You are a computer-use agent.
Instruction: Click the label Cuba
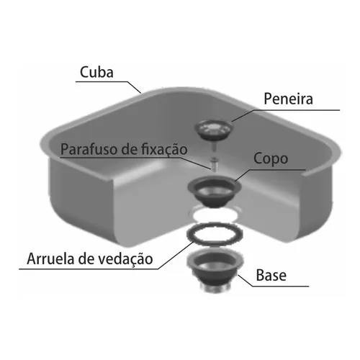coord(96,72)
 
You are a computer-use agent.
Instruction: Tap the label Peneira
coord(288,99)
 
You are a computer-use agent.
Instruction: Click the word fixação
coord(164,150)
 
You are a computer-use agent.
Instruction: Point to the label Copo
coord(271,159)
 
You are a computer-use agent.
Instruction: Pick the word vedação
coord(126,259)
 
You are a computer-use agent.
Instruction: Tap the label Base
coord(271,275)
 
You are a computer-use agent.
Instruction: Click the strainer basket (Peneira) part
coord(214,130)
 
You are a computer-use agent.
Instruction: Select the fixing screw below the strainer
coord(213,163)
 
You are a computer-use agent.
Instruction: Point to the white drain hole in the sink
coord(215,215)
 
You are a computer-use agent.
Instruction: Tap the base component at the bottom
coord(215,269)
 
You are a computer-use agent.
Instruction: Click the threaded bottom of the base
coord(215,287)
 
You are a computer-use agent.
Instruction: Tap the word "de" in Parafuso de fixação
coord(130,149)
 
